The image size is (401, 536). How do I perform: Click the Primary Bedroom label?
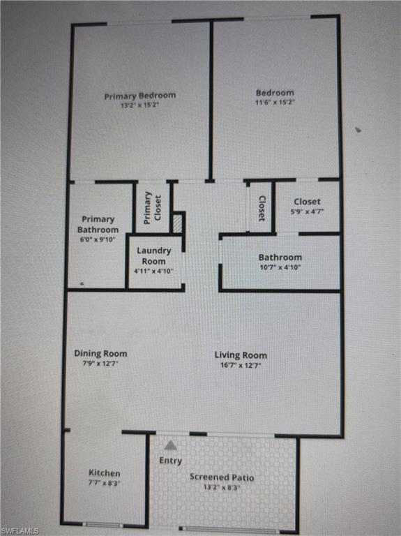[140, 96]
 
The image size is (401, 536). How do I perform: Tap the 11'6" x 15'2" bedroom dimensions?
[275, 102]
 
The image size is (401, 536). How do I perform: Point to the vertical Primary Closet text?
[152, 207]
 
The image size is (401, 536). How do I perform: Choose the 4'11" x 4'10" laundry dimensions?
[154, 271]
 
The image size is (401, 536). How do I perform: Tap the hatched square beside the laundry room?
[177, 223]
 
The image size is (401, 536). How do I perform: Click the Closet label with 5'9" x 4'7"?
[307, 202]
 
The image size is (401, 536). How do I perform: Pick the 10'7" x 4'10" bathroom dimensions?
[280, 267]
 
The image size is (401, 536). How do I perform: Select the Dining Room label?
[100, 353]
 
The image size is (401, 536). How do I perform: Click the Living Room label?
[241, 355]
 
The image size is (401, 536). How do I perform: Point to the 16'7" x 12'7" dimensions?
[240, 365]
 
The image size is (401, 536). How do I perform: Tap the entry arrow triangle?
[170, 445]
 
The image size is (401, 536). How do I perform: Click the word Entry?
[170, 461]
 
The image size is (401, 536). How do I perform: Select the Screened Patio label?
[222, 477]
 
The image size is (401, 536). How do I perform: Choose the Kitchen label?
[104, 472]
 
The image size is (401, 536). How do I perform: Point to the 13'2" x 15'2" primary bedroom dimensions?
[139, 105]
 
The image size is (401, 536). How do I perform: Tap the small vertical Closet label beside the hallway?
[262, 208]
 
